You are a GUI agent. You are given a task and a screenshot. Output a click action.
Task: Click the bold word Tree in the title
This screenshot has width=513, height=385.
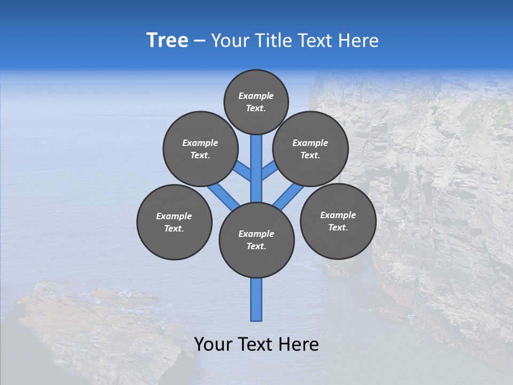tap(167, 41)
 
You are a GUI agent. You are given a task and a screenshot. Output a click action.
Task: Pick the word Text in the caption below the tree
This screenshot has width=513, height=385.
tap(256, 344)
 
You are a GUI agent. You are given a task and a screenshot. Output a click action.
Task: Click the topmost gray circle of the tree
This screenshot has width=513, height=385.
tap(256, 102)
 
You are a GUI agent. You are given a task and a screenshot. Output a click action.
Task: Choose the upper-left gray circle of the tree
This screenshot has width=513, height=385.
tap(200, 149)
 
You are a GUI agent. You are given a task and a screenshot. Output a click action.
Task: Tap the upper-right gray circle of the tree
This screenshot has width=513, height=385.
tap(310, 149)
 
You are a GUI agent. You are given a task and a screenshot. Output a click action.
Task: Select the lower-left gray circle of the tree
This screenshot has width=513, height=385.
tap(174, 222)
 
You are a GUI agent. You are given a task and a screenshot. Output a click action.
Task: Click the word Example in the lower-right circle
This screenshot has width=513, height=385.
tap(338, 215)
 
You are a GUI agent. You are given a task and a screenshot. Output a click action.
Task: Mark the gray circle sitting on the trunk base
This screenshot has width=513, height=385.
tap(256, 240)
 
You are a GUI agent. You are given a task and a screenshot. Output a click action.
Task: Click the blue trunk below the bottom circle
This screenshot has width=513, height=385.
tap(256, 299)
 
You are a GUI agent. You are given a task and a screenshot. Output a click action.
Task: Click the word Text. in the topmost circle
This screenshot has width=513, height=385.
tap(256, 108)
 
